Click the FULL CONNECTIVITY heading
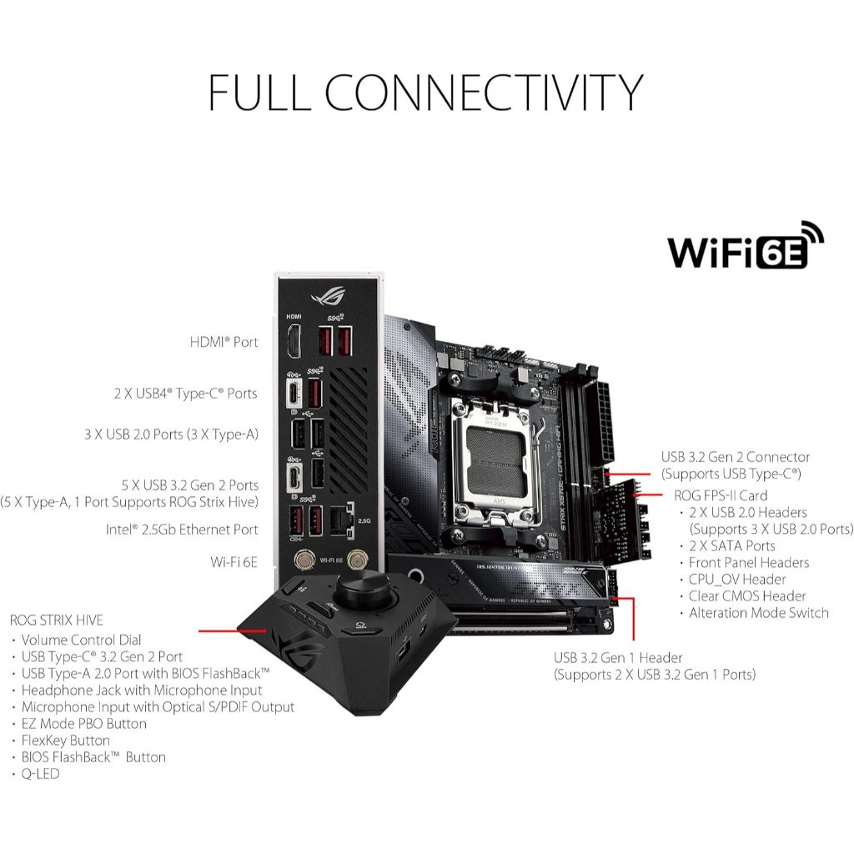click(426, 92)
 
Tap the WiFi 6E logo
click(746, 245)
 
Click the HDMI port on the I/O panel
click(294, 341)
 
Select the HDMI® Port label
click(224, 342)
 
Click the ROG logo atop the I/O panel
click(329, 296)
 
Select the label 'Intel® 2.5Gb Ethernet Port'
click(182, 530)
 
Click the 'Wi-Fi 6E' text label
click(234, 562)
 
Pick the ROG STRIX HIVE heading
click(57, 620)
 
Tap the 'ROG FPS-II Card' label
click(721, 495)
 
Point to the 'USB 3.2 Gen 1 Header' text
click(618, 658)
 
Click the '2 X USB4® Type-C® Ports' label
click(186, 394)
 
